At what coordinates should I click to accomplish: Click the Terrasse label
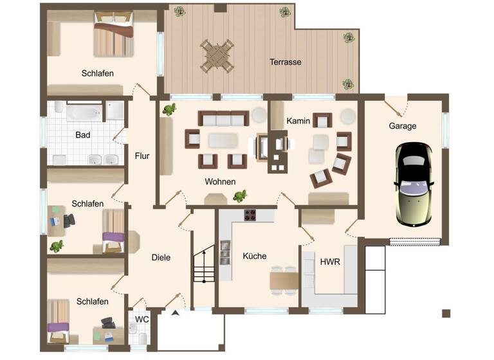(x=286, y=62)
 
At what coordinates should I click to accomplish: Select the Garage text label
(x=402, y=126)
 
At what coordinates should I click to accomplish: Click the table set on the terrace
(x=217, y=56)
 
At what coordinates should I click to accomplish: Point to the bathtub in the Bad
(x=84, y=113)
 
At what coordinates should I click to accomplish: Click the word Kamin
(x=298, y=121)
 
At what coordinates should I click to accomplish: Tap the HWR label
(x=330, y=262)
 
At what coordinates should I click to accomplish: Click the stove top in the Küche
(x=250, y=215)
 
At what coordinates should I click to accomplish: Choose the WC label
(x=142, y=319)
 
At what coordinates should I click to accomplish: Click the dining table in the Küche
(x=284, y=281)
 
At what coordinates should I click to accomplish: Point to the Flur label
(x=142, y=155)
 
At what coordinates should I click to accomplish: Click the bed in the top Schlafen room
(x=114, y=37)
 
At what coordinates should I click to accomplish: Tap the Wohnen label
(x=220, y=182)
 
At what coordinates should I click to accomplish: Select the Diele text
(x=161, y=257)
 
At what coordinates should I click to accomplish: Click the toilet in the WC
(x=134, y=331)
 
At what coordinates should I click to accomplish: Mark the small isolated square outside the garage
(x=446, y=313)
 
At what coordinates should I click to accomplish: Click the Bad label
(x=82, y=135)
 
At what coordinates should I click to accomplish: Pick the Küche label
(x=254, y=256)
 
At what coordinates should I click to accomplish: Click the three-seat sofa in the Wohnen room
(x=223, y=118)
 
